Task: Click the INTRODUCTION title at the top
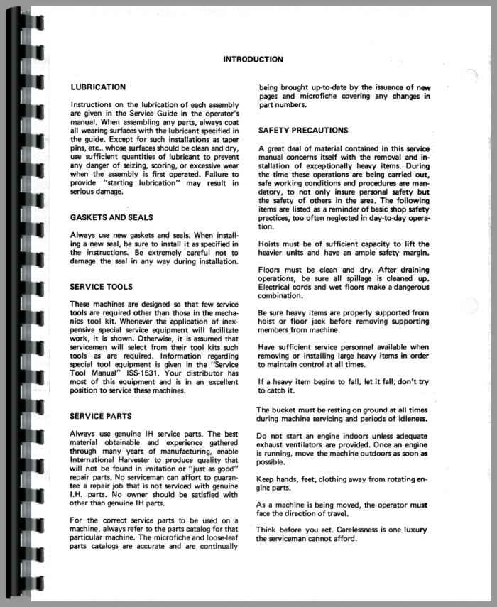pyautogui.click(x=253, y=60)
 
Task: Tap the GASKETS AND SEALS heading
pyautogui.click(x=121, y=217)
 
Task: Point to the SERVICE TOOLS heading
pyautogui.click(x=104, y=287)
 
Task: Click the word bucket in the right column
pyautogui.click(x=285, y=410)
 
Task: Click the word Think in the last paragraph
pyautogui.click(x=268, y=530)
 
